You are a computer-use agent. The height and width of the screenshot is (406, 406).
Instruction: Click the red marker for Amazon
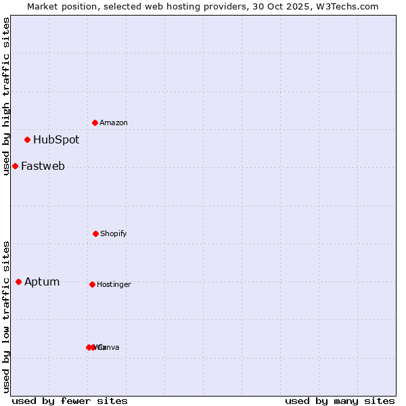point(95,122)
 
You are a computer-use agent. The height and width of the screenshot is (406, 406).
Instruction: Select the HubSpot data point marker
point(27,139)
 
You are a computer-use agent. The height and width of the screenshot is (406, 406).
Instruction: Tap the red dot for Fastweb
point(15,166)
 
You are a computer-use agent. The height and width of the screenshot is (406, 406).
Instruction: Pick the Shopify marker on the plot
point(95,233)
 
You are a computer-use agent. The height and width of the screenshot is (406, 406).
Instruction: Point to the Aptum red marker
point(18,281)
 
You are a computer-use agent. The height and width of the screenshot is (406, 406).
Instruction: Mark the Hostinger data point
point(92,284)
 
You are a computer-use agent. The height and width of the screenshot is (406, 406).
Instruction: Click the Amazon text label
point(114,122)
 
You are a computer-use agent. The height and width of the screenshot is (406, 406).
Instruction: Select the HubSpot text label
point(56,140)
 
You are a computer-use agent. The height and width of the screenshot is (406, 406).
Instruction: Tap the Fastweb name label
point(43,166)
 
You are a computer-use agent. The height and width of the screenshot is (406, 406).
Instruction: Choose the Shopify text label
point(114,233)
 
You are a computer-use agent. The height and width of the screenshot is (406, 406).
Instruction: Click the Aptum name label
point(42,282)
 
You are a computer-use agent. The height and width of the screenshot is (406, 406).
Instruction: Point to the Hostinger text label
point(114,284)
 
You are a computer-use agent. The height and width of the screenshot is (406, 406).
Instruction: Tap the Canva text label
point(109,347)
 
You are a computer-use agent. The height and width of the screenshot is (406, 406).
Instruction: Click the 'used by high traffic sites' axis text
point(6,96)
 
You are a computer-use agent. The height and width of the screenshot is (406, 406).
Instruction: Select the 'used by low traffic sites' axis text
point(6,317)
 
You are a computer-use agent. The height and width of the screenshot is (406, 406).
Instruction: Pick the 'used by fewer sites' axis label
point(70,401)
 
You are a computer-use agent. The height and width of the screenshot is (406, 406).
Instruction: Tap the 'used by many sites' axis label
point(340,401)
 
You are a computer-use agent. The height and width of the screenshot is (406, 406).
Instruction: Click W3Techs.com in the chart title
point(348,6)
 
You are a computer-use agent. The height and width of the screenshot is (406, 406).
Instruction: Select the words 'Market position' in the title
point(62,6)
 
